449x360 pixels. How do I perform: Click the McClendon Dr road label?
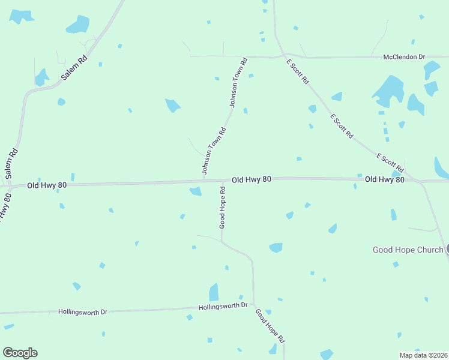404,57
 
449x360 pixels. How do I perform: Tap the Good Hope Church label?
408,250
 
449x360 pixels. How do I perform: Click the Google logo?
20,353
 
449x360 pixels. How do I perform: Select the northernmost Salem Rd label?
75,68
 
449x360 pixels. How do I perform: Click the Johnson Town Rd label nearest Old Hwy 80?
214,151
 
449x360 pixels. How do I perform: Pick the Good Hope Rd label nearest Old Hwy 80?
222,207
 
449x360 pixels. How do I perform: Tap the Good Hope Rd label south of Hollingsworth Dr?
270,326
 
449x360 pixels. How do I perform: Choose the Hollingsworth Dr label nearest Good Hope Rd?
223,306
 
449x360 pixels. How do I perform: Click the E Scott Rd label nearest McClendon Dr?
298,71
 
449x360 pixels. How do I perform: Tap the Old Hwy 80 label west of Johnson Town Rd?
46,185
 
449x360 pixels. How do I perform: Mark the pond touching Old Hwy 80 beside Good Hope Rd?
196,191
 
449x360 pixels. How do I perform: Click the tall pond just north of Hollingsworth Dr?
214,292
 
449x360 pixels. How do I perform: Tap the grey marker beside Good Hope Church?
447,250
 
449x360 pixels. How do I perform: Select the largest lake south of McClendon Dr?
389,92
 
